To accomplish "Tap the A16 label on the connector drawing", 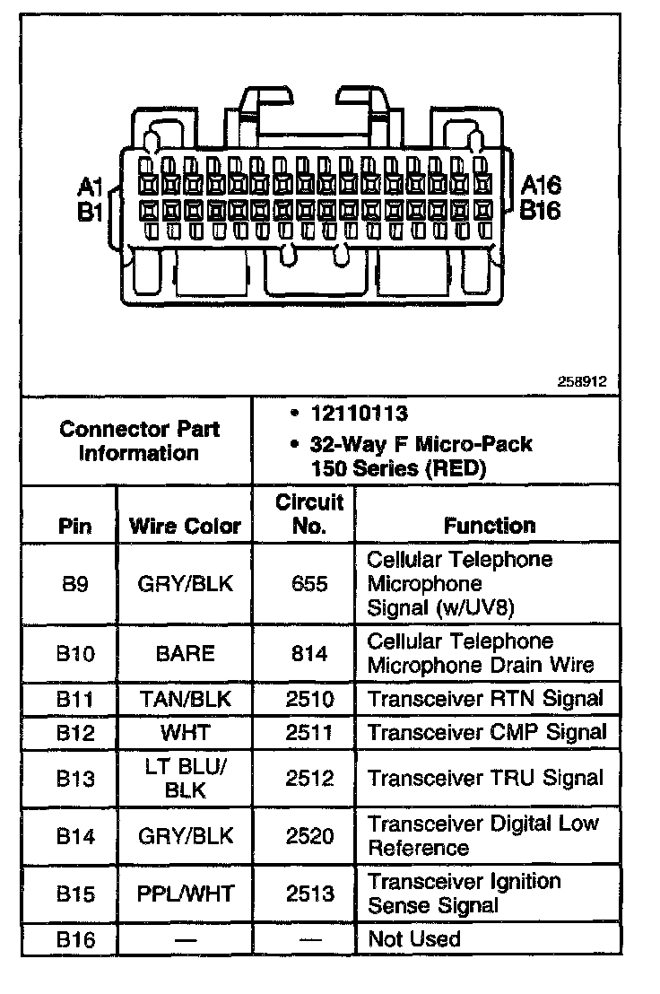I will [541, 186].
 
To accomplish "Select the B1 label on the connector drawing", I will [91, 212].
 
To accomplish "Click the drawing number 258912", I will [584, 381].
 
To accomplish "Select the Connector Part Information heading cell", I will [139, 440].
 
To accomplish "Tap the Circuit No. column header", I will [308, 514].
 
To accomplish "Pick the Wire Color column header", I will [186, 526].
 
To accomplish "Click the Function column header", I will [490, 526].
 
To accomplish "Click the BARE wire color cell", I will [186, 653].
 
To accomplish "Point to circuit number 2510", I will [309, 699].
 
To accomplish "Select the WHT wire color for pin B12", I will [186, 732].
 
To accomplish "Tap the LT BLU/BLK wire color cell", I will [186, 778].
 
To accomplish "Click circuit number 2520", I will [309, 836].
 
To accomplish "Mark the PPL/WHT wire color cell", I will [186, 894].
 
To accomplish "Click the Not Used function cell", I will [414, 939].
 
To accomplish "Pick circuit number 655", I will [309, 583].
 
